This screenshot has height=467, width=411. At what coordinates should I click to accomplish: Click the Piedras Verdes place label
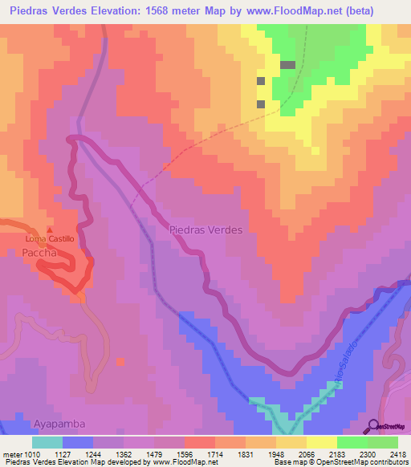(x=206, y=229)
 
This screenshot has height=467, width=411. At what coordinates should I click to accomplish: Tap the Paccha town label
(x=39, y=252)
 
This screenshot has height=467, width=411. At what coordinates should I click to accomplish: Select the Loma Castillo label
(x=50, y=239)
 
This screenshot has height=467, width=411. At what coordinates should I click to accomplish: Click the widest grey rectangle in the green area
(x=287, y=65)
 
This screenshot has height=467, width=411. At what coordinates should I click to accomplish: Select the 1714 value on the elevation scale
(x=214, y=453)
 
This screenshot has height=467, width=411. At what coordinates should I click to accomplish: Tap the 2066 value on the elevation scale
(x=306, y=453)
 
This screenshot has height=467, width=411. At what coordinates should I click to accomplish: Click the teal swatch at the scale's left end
(x=47, y=442)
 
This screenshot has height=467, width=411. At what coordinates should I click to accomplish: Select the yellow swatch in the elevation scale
(x=321, y=442)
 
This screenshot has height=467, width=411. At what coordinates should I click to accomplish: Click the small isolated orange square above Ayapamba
(x=120, y=362)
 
